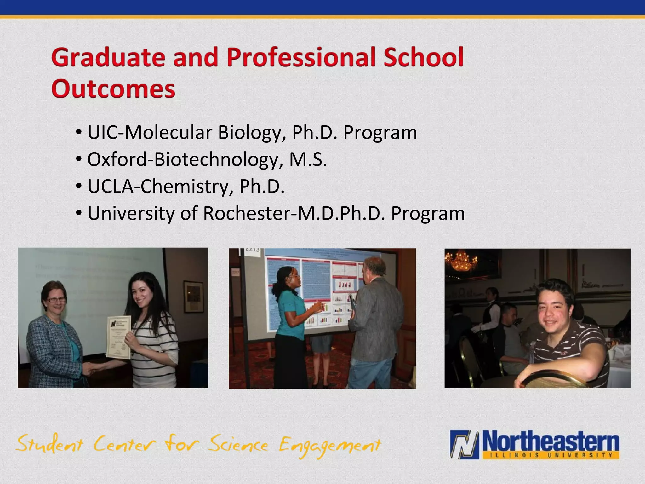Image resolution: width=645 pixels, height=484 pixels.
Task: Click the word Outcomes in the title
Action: [x=113, y=89]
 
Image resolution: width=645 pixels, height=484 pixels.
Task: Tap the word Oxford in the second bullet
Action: [x=117, y=159]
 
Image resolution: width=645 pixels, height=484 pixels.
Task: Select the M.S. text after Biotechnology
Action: [x=308, y=159]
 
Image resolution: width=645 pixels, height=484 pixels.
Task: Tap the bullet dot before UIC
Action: [x=79, y=133]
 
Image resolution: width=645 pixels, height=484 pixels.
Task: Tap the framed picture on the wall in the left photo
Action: [x=193, y=297]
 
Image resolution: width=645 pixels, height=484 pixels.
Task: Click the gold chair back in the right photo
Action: [x=551, y=378]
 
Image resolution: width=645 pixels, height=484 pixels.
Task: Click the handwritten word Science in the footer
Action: [x=238, y=444]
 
